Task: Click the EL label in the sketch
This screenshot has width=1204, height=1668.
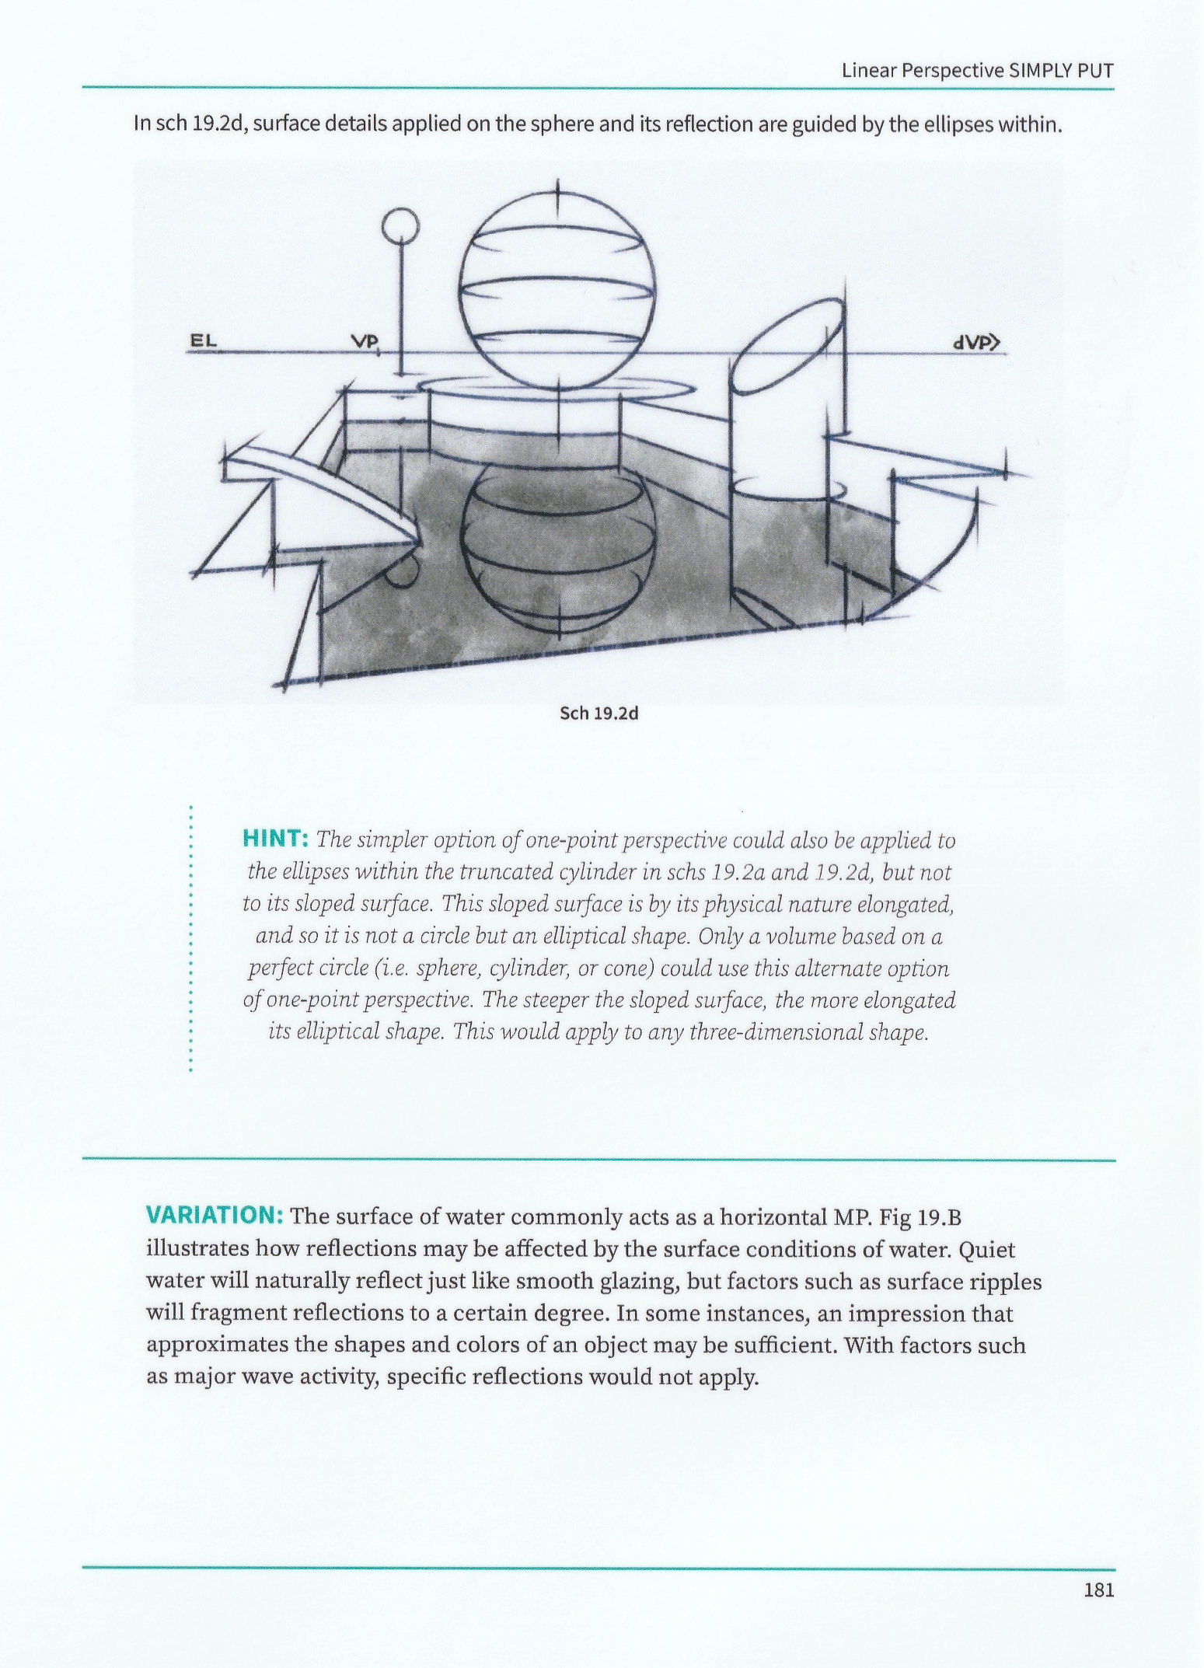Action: [204, 340]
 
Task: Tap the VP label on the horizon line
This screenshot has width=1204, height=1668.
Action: [364, 341]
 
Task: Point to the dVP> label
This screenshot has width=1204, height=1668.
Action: [975, 342]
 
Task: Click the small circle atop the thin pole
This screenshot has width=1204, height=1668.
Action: [401, 225]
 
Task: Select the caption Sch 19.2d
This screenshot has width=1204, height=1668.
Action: [599, 714]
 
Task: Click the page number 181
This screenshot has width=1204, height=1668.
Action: [1098, 1589]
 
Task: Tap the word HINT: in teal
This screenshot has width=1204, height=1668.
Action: [277, 839]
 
